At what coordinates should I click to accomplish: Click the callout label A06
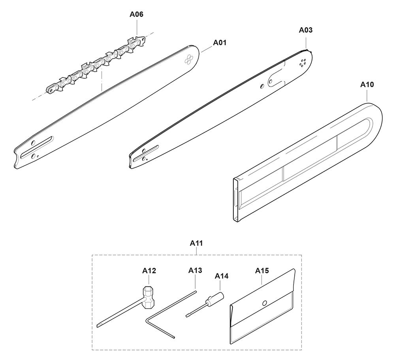[x=136, y=15]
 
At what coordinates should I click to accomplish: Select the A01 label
[x=220, y=43]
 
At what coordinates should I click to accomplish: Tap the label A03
[x=306, y=30]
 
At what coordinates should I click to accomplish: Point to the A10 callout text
[x=367, y=84]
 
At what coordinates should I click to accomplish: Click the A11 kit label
[x=196, y=243]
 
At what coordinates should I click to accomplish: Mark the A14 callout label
[x=222, y=276]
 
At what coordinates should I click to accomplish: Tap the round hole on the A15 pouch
[x=265, y=303]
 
